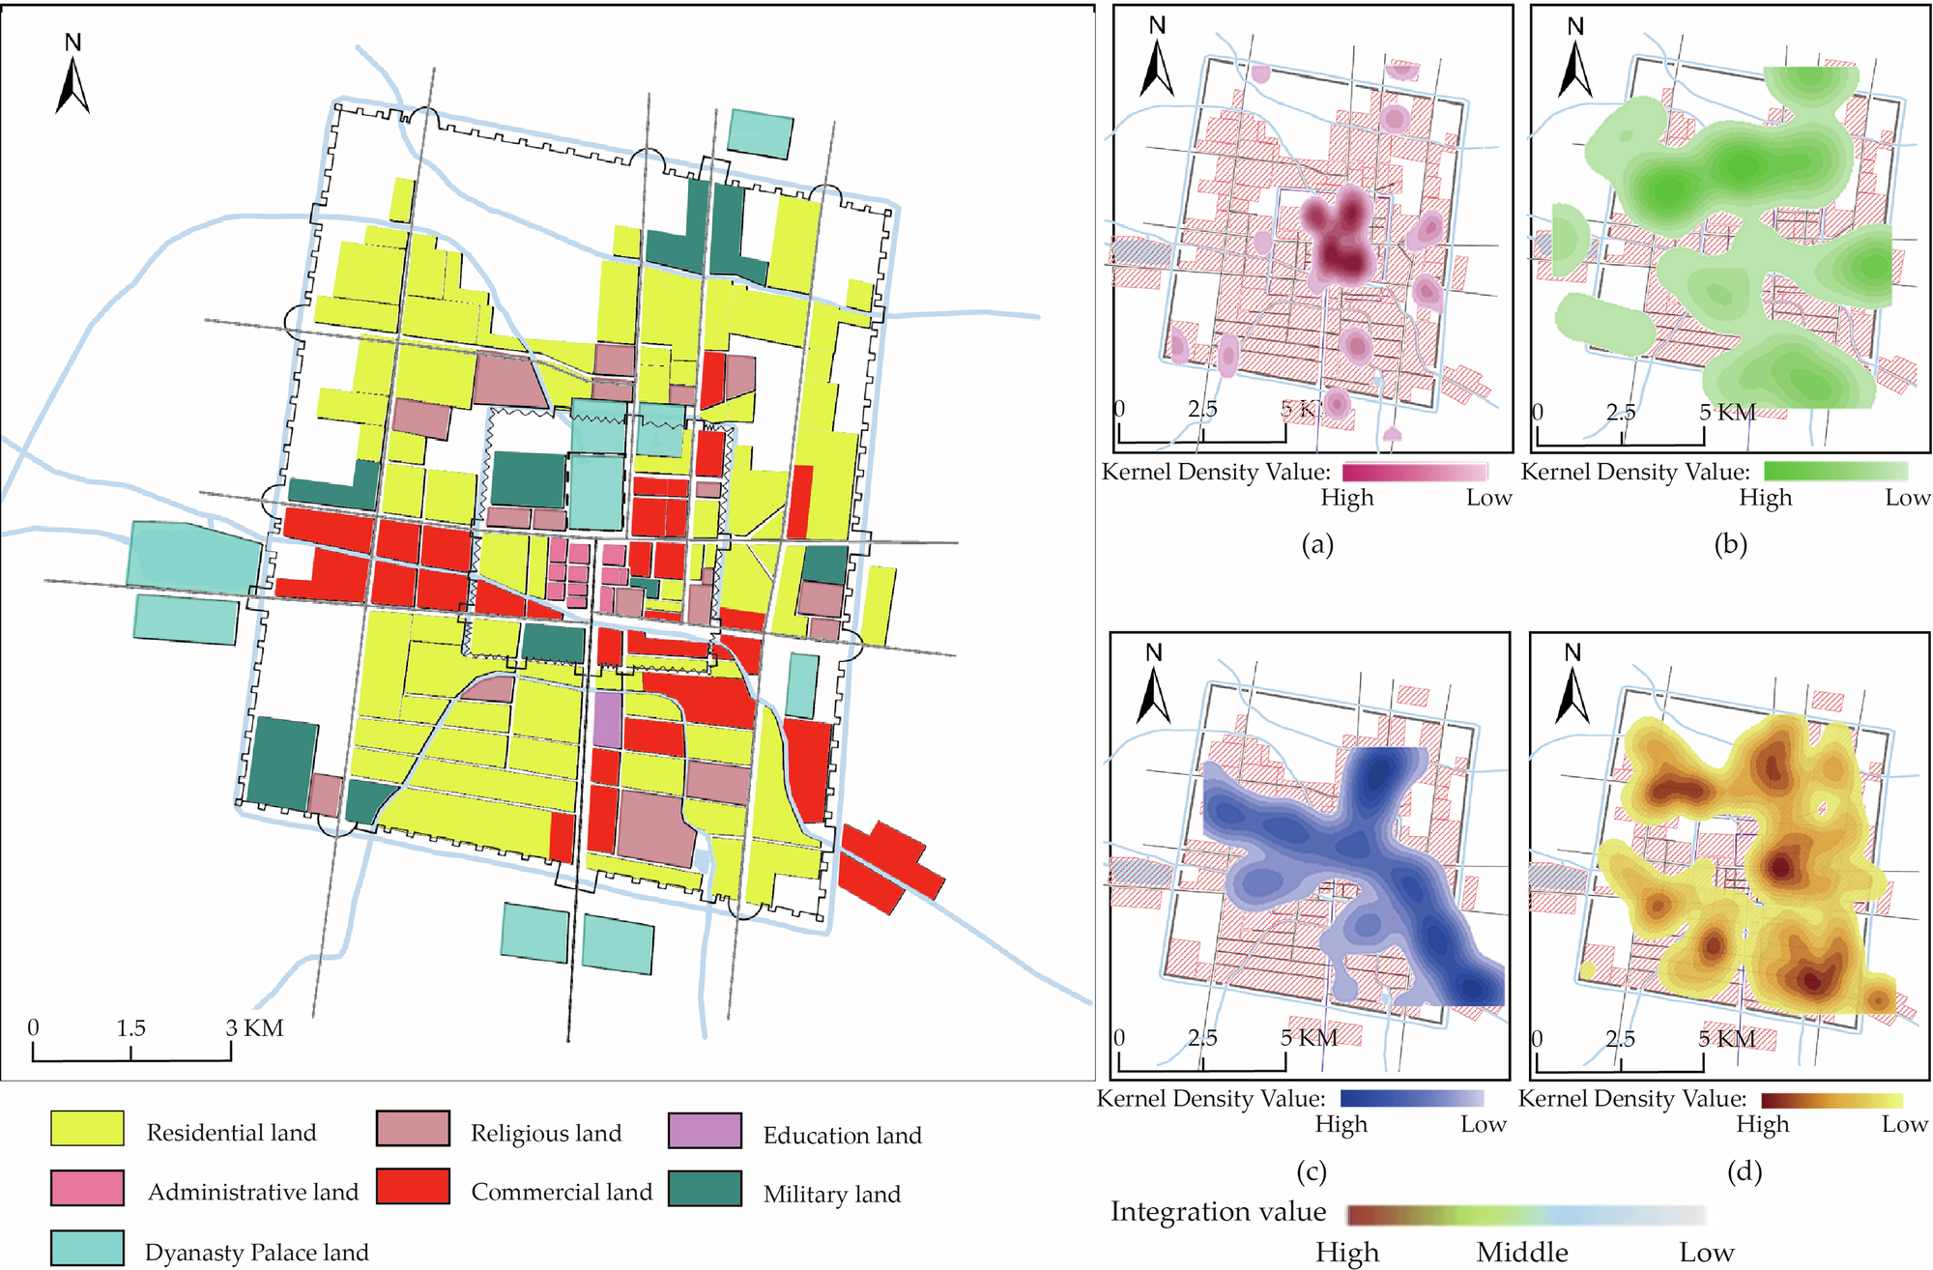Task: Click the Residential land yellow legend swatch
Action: coord(87,1129)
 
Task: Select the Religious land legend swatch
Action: coord(413,1129)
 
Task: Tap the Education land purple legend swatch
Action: coord(705,1131)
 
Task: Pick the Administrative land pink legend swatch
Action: coord(87,1188)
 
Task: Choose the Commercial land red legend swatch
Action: coord(413,1187)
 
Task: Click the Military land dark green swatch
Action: coord(705,1189)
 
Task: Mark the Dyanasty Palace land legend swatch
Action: coord(87,1248)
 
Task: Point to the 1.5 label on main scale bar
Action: coord(130,1028)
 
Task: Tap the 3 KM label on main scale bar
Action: coord(255,1028)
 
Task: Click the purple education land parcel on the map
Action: coord(607,719)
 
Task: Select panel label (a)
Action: coord(1317,544)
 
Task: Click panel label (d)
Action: coord(1744,1172)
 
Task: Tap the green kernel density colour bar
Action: coord(1835,472)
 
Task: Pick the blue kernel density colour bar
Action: coord(1411,1099)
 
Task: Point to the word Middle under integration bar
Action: coord(1521,1253)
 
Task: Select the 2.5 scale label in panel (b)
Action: coord(1621,413)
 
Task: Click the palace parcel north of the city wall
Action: coord(760,133)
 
